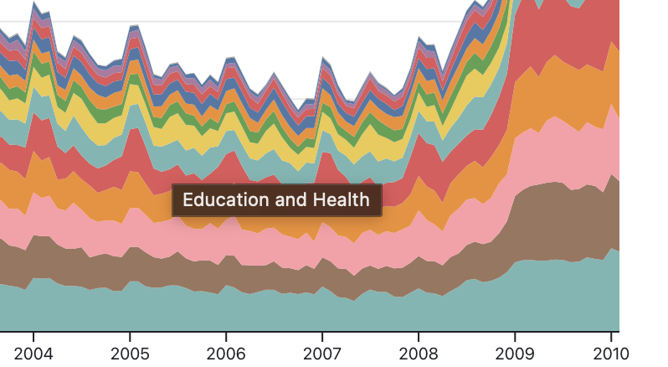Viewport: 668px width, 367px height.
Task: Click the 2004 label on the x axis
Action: (34, 353)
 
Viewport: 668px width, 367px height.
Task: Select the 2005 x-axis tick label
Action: (131, 353)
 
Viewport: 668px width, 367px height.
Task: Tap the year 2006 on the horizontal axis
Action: (226, 353)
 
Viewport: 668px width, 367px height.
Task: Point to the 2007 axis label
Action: (322, 353)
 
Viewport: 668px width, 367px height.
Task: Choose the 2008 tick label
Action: (419, 353)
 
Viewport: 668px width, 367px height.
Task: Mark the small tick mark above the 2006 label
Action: (226, 334)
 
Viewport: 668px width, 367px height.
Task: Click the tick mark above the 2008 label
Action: (419, 334)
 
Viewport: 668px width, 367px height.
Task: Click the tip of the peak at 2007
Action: (323, 59)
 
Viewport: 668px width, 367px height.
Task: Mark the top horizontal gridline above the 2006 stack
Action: (226, 21)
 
